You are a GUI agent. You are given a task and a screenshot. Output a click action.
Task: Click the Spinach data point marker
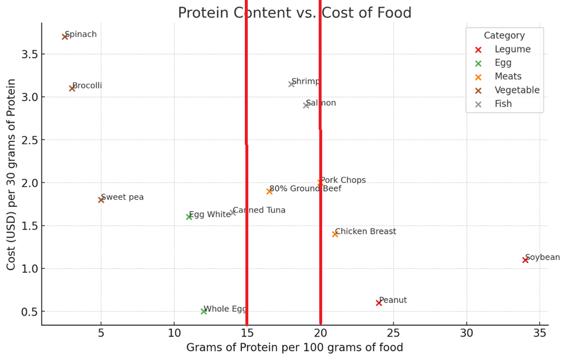tap(65, 37)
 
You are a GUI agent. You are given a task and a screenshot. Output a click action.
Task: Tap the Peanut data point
tap(379, 302)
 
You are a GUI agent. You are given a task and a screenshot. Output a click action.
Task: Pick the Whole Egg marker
tap(204, 311)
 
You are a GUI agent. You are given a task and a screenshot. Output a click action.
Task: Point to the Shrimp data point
tap(291, 84)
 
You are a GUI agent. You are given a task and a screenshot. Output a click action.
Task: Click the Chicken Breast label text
tap(365, 231)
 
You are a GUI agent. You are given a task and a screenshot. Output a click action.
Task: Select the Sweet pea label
tap(122, 197)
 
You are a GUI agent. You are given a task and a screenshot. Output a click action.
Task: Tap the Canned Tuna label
tap(259, 210)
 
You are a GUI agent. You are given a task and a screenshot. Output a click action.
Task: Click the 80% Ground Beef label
tap(305, 188)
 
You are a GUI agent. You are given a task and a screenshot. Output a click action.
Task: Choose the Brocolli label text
tap(87, 85)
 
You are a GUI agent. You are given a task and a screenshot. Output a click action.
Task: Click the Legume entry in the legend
tap(512, 49)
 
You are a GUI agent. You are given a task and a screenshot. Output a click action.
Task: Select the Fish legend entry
tap(503, 104)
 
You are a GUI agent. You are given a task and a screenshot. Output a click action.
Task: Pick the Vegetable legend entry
tap(517, 90)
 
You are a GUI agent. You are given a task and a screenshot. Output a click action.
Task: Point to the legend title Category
tap(504, 35)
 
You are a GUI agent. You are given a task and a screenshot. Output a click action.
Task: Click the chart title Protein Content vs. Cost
tap(294, 13)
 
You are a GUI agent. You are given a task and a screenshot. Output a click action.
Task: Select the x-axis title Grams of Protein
tap(294, 348)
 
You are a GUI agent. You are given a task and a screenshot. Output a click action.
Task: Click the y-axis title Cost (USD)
tap(11, 174)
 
